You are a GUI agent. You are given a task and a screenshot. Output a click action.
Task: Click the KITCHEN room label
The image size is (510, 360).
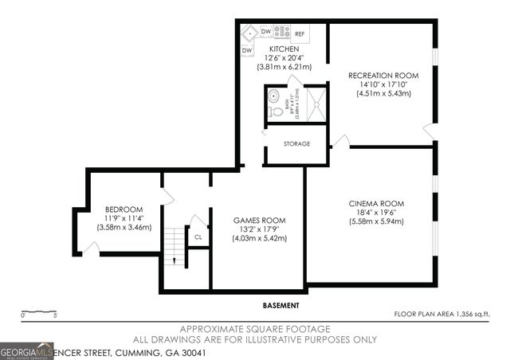point(284,49)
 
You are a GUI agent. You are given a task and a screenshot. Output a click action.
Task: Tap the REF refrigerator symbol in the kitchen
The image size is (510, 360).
point(300,34)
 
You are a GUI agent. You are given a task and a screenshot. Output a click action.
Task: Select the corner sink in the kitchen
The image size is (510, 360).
point(249,33)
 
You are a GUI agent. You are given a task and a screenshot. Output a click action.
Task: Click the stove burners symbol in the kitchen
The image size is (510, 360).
point(282,33)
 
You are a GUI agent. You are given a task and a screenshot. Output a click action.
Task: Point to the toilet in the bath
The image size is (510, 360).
point(276,112)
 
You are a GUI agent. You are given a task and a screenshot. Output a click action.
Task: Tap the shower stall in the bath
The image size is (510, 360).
point(316,103)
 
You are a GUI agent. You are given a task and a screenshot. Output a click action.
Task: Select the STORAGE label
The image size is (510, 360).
point(296,144)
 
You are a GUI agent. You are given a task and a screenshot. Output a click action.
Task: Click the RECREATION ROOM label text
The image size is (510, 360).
point(383,76)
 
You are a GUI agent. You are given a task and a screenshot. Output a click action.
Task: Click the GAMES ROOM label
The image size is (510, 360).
point(259,220)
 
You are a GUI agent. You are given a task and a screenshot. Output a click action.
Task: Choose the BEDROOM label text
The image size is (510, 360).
point(123,209)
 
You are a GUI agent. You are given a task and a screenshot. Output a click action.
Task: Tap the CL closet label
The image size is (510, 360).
point(198,237)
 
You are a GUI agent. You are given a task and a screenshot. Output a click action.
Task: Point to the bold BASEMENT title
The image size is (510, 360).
point(280,306)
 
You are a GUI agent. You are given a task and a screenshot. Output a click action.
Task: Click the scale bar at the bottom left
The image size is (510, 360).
point(38,311)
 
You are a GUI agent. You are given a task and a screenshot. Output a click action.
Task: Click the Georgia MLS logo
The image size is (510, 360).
point(27,350)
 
